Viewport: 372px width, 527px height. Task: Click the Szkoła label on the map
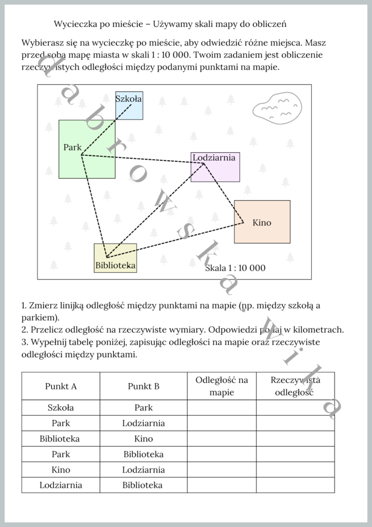click(128, 99)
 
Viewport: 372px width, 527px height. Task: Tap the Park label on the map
click(73, 147)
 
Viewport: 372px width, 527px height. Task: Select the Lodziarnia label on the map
click(214, 158)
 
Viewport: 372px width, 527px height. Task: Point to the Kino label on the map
click(262, 223)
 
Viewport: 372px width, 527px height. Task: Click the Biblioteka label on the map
click(115, 265)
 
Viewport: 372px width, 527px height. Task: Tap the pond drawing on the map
click(276, 108)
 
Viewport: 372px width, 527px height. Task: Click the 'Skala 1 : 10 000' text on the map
click(235, 268)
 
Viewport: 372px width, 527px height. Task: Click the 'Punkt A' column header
click(61, 386)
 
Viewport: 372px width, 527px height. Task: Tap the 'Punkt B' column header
click(143, 386)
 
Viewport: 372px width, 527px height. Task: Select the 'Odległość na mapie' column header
click(222, 386)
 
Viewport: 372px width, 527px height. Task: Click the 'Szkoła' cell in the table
click(61, 408)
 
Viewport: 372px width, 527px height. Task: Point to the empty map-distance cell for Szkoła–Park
click(222, 408)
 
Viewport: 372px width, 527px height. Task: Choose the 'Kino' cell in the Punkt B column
click(143, 439)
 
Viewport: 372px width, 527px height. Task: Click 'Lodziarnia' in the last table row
click(61, 485)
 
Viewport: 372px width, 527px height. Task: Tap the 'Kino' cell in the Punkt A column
click(61, 470)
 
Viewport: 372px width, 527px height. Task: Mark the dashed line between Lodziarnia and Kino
click(223, 193)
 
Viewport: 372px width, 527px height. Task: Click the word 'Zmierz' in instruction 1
click(43, 306)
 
